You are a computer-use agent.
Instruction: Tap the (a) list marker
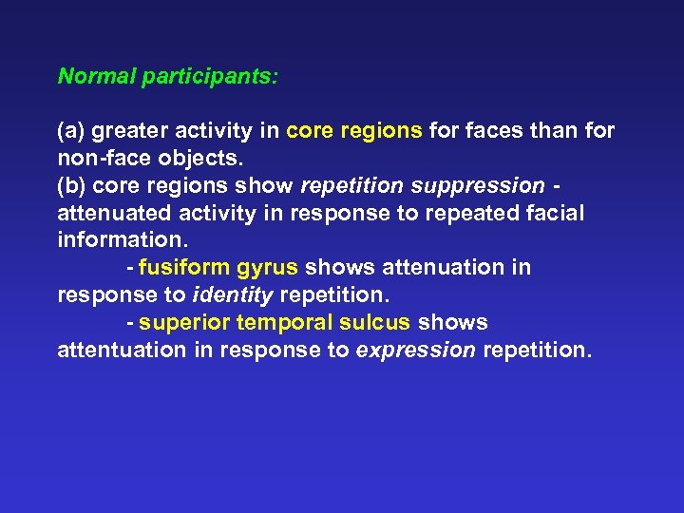point(71,131)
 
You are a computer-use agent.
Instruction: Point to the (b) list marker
point(71,186)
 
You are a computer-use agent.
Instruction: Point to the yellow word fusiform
point(179,269)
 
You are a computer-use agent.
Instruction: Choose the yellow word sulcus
point(375,323)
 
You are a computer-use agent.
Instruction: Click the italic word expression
point(416,351)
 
